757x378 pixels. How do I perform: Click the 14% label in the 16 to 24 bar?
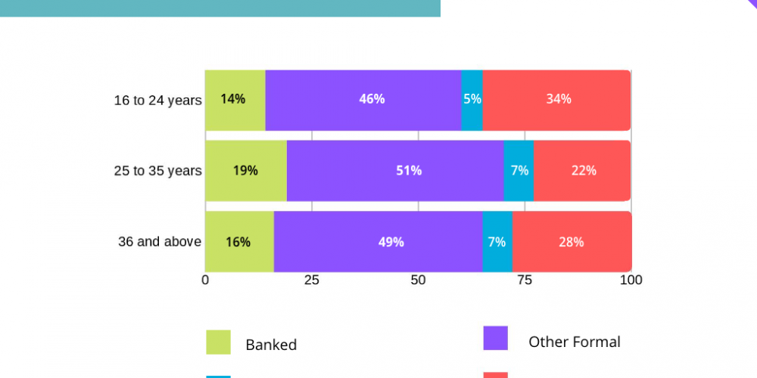(232, 99)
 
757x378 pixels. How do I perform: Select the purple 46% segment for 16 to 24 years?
(363, 101)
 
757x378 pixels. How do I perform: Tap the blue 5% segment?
(472, 101)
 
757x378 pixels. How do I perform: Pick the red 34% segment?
(556, 101)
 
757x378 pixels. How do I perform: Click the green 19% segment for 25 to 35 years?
(246, 171)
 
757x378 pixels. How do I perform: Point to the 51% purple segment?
(395, 171)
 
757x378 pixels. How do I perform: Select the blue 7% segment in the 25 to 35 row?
(519, 171)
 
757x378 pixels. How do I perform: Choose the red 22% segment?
(582, 171)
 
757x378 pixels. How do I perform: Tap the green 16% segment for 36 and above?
(239, 242)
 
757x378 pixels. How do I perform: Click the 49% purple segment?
(378, 242)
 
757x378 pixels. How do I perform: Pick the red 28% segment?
(572, 242)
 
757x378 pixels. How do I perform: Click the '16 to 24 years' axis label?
(158, 101)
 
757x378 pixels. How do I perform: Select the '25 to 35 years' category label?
(158, 171)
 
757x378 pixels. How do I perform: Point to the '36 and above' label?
(160, 242)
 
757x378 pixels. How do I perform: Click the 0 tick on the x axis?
(205, 280)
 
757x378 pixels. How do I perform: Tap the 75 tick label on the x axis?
(525, 280)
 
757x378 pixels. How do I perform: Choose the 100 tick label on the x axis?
(631, 280)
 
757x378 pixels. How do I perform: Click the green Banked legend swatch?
(218, 342)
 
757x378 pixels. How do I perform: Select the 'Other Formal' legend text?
(575, 342)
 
